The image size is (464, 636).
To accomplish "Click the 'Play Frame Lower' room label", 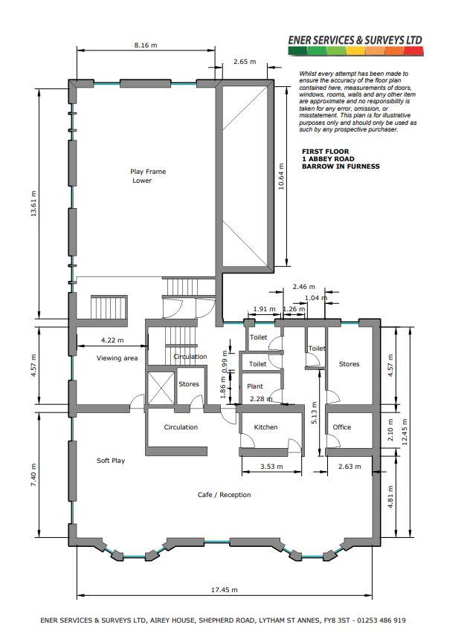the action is coord(148,176).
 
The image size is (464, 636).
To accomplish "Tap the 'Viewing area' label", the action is coord(117,358).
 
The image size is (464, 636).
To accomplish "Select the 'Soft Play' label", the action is coord(110,461).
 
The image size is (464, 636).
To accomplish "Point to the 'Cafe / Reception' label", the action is coord(224,494).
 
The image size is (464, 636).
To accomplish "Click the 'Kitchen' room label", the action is coord(265,427).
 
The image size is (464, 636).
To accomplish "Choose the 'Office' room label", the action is coord(342,427).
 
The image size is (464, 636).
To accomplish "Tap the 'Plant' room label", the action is coord(255,386).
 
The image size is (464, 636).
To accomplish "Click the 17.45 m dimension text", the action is coord(224,590).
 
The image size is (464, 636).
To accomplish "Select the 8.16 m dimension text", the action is coord(145,45).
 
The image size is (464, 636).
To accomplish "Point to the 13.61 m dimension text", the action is coord(33,204).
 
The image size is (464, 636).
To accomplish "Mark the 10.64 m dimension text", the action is coord(281,176).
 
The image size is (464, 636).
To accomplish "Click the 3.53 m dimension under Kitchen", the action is coord(271,467).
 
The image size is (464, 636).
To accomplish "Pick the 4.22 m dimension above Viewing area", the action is coord(112,340).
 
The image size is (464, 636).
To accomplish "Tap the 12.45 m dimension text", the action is coord(404,432).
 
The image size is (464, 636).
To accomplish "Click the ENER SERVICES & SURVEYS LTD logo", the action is coord(355,45).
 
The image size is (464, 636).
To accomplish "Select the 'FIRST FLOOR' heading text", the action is coord(325,152).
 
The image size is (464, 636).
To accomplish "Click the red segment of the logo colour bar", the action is coord(413,51).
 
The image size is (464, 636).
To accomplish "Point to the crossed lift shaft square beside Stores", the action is coord(161,388).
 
